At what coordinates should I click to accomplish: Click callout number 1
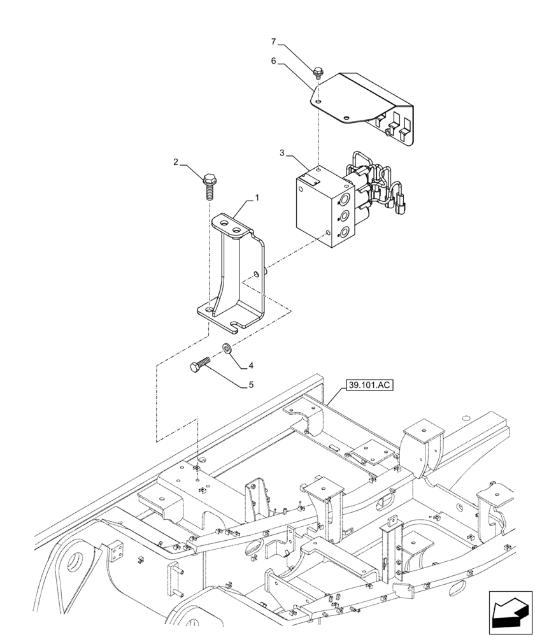point(257,198)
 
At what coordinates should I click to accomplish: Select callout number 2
point(176,162)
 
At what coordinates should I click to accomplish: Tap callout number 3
point(282,154)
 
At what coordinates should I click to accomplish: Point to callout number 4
point(251,366)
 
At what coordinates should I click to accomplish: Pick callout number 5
point(251,385)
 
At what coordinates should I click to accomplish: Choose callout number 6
point(273,61)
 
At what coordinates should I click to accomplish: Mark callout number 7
point(273,42)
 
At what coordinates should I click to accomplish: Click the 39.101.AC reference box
point(370,385)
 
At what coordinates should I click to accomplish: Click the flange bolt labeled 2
point(209,185)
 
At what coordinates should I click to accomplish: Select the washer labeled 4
point(227,348)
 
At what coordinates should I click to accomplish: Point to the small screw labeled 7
point(318,74)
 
